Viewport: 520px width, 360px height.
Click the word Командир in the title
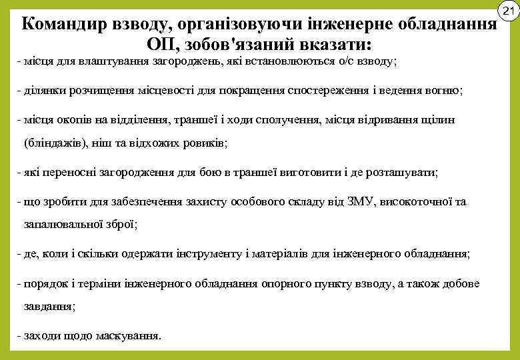point(62,25)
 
